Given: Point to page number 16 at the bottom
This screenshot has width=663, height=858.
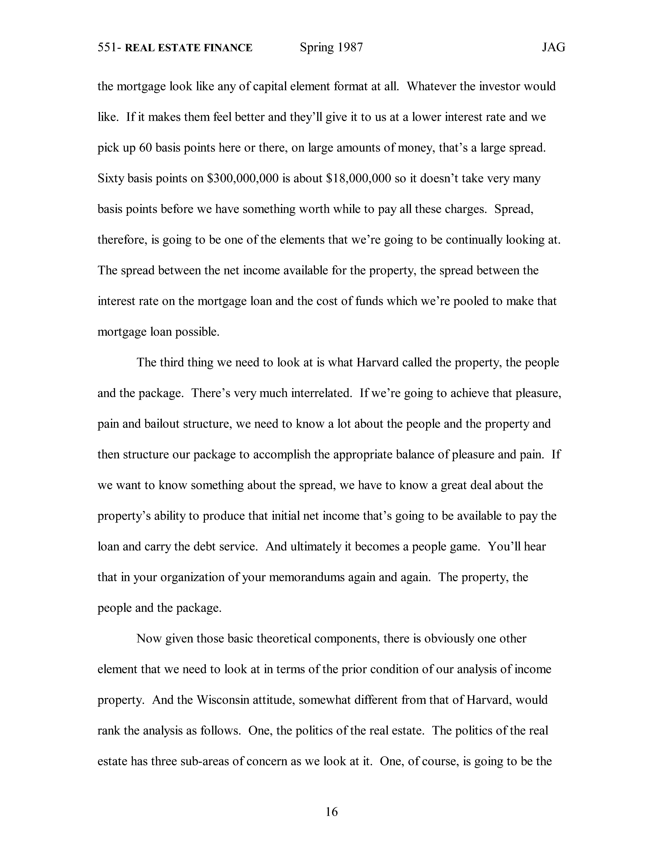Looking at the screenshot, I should tap(331, 812).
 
